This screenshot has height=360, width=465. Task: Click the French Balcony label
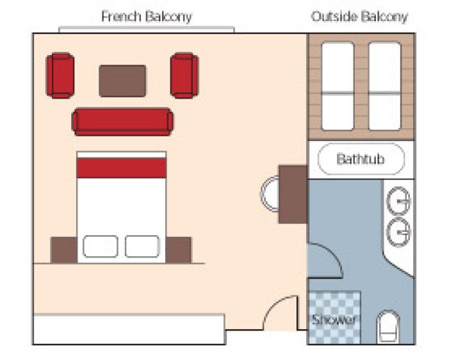pos(146,16)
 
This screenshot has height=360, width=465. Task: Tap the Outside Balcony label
pos(359,16)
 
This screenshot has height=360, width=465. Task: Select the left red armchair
pos(60,76)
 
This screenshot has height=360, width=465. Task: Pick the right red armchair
pos(184,76)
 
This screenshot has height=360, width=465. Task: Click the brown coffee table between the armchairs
pos(122,81)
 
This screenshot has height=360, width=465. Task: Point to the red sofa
pos(122,122)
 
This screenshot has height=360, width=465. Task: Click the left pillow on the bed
pos(101,246)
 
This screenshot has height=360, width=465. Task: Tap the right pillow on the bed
pos(142,246)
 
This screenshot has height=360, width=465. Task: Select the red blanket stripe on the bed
pos(121,168)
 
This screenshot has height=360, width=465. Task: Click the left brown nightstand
pos(63,249)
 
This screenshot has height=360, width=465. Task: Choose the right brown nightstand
pos(179,249)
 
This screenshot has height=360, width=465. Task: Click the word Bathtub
pos(361,158)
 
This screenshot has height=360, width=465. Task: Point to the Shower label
pos(334,320)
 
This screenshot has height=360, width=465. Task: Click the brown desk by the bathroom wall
pos(292,194)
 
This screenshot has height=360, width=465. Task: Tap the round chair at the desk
pos(270,194)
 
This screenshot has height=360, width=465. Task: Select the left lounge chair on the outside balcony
pos(338,86)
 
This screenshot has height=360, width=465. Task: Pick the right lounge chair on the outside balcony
pos(385,86)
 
